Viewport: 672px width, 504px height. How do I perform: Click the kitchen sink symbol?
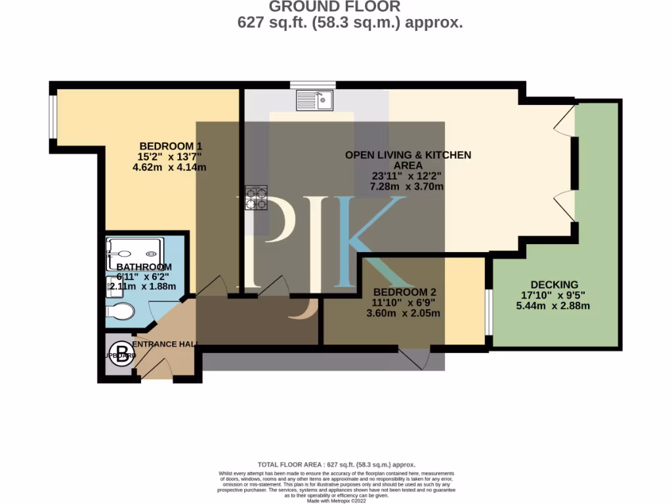[315, 100]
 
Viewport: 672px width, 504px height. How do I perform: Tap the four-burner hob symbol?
[256, 198]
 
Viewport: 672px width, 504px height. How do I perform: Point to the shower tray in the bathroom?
[135, 253]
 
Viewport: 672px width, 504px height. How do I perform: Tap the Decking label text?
[555, 284]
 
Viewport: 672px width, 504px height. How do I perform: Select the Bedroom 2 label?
[404, 292]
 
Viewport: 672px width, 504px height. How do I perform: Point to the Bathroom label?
[144, 267]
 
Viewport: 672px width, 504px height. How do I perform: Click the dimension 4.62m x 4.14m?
[169, 167]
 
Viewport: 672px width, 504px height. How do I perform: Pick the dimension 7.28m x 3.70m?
[407, 186]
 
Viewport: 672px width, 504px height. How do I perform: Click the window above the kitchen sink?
[313, 84]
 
